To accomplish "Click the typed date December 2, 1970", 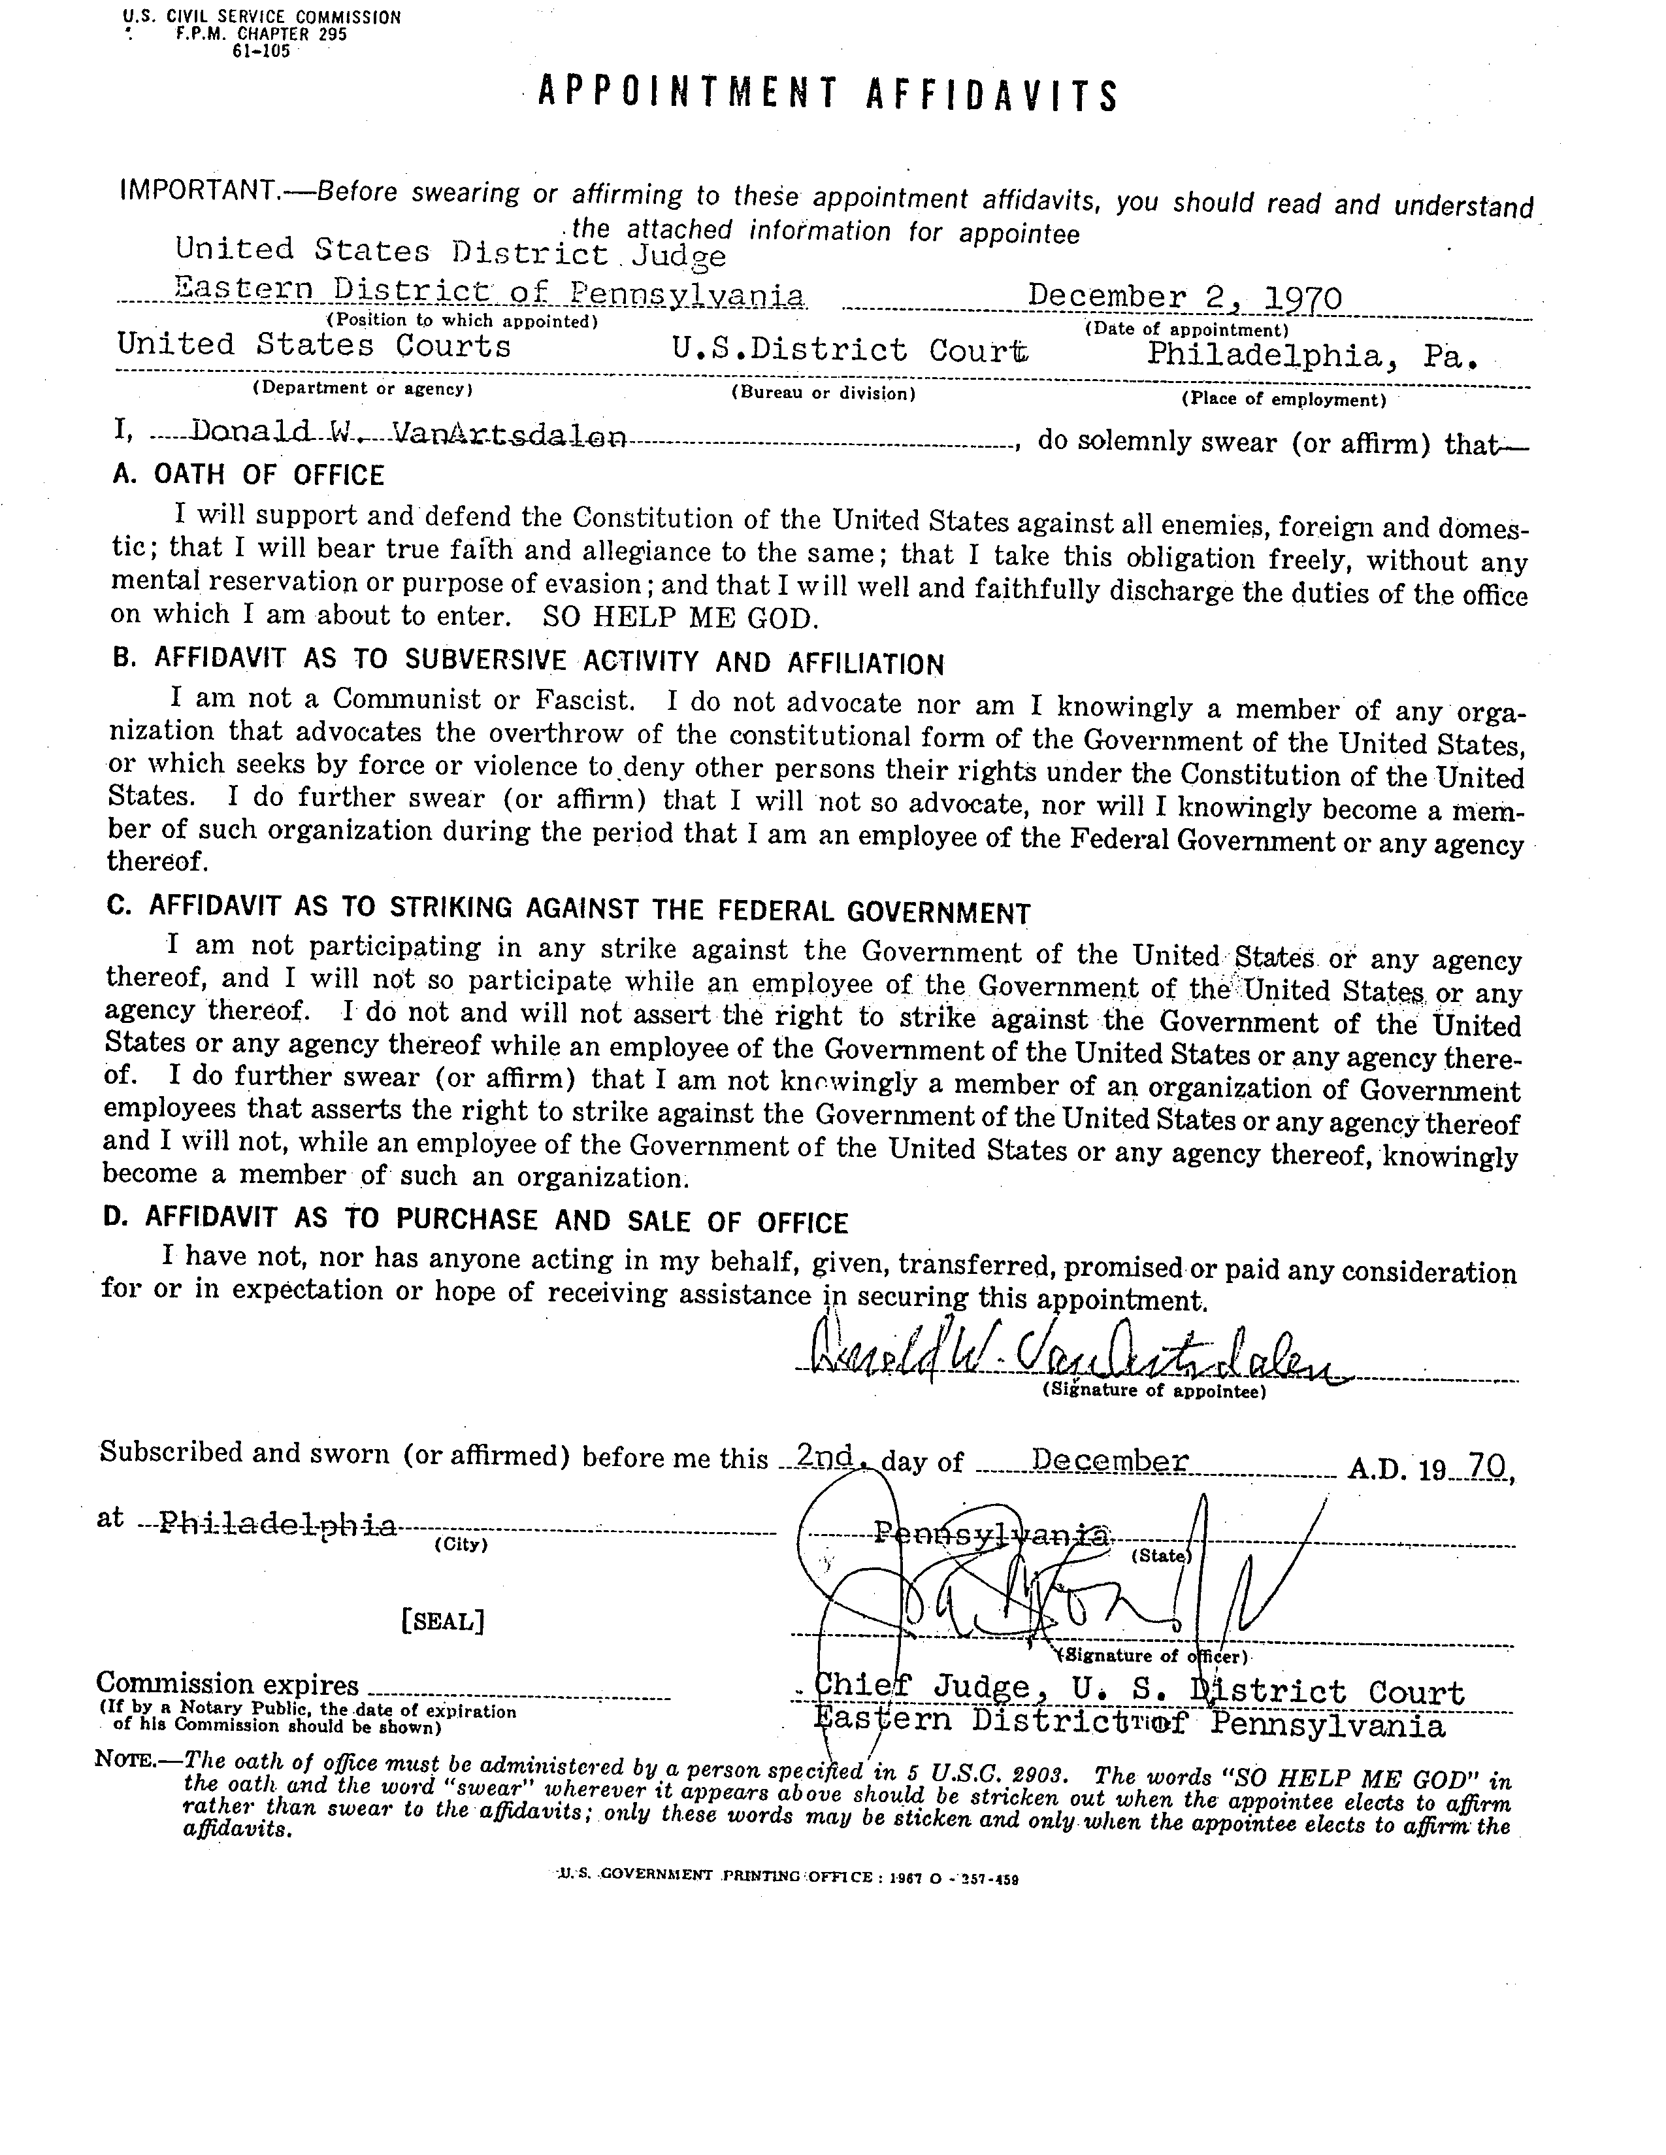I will (1184, 297).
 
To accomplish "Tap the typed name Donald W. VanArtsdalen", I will (408, 432).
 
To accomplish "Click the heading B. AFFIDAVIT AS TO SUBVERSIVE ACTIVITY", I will (528, 661).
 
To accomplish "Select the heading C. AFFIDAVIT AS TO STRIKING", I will (568, 909).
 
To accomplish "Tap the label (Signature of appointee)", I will (1153, 1392).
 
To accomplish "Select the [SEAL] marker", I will (443, 1621).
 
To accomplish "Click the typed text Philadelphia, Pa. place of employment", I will (1312, 355).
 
